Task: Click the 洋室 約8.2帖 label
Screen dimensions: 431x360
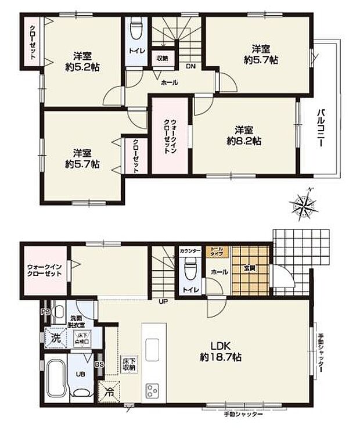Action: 243,135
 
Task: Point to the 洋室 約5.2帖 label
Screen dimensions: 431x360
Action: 82,62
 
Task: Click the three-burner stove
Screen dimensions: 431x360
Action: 153,390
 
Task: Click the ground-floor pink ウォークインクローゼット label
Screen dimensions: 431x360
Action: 44,271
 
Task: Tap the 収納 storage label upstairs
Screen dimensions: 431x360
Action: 161,58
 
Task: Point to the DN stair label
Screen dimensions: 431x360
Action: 190,66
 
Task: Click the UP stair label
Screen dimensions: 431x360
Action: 164,301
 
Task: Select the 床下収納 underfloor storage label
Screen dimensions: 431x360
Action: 128,364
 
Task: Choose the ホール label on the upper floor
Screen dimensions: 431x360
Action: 169,83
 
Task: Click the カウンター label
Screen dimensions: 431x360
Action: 190,251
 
